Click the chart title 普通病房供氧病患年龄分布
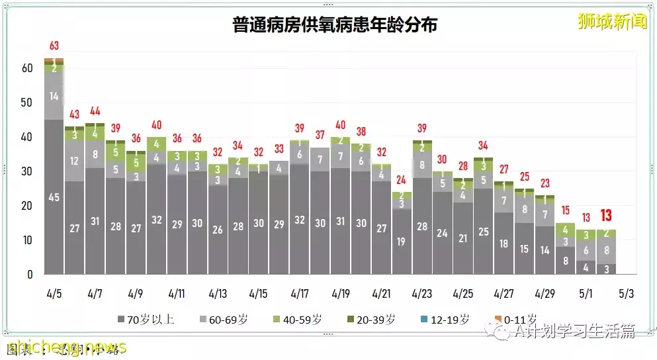click(x=335, y=25)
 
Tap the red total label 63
click(x=54, y=46)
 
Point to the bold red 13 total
click(x=606, y=216)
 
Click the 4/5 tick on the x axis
click(x=54, y=292)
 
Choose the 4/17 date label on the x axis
click(x=299, y=292)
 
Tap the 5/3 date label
click(x=626, y=292)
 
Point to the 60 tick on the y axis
click(x=26, y=68)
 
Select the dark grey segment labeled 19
click(x=401, y=242)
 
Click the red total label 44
click(x=95, y=111)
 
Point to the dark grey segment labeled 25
click(x=483, y=232)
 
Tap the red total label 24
click(x=401, y=179)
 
